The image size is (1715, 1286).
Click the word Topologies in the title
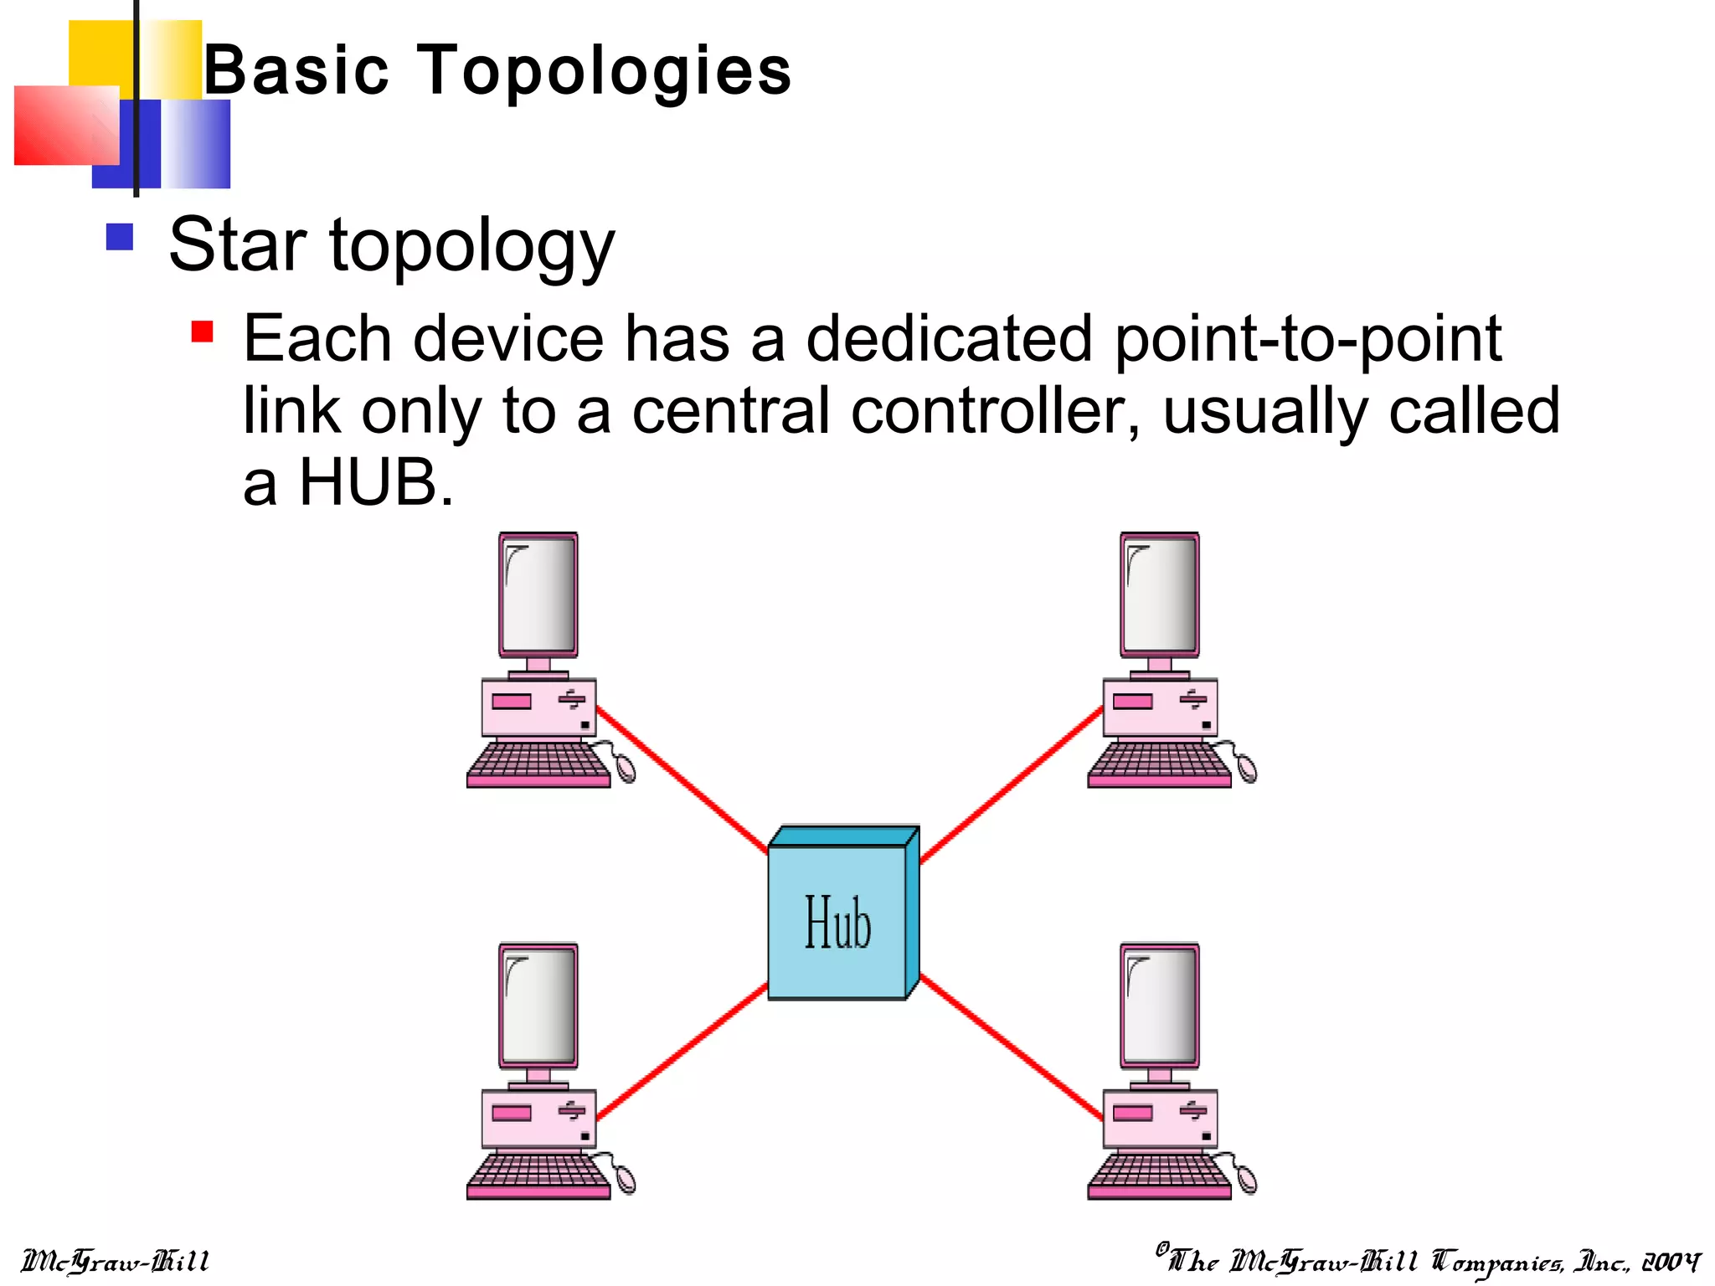click(603, 70)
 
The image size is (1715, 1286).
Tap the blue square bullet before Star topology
click(120, 237)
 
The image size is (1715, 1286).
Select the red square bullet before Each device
click(202, 332)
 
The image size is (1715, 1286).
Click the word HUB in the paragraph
click(368, 483)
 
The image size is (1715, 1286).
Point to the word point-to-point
click(1308, 339)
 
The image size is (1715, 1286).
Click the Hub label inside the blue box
click(837, 923)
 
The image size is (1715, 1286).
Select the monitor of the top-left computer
click(538, 595)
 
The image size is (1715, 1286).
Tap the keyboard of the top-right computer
click(1159, 764)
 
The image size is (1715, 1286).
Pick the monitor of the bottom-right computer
click(1160, 1006)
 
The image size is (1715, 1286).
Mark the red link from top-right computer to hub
click(1011, 784)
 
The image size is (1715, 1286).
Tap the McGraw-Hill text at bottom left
click(115, 1261)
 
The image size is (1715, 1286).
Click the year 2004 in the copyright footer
click(1671, 1262)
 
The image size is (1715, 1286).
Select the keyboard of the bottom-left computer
click(538, 1176)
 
